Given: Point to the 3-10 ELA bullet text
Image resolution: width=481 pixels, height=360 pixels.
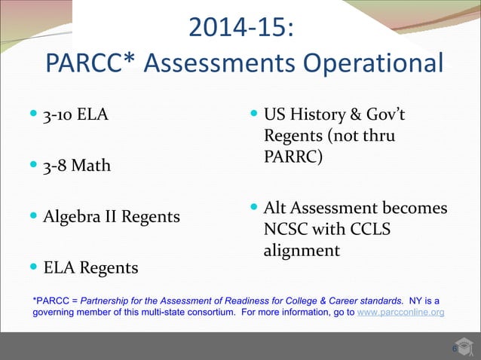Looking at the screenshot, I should pos(75,115).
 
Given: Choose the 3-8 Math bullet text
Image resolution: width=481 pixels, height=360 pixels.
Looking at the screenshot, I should pos(77,166).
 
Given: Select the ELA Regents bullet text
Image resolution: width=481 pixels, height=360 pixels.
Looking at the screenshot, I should pos(90,267).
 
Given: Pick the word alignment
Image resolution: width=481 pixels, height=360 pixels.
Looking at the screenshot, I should pos(301,250).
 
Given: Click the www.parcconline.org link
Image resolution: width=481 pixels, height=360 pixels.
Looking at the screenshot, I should pos(400,311).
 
